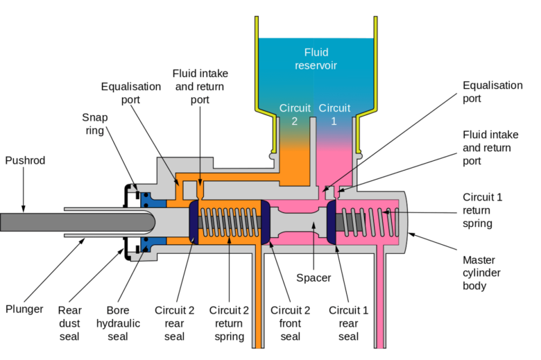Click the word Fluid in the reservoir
click(316, 52)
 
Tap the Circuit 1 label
click(334, 114)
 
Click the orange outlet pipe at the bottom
click(258, 298)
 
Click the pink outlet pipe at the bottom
click(381, 298)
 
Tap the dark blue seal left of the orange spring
click(194, 222)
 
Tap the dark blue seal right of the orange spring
click(265, 222)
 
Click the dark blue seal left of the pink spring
click(331, 222)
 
